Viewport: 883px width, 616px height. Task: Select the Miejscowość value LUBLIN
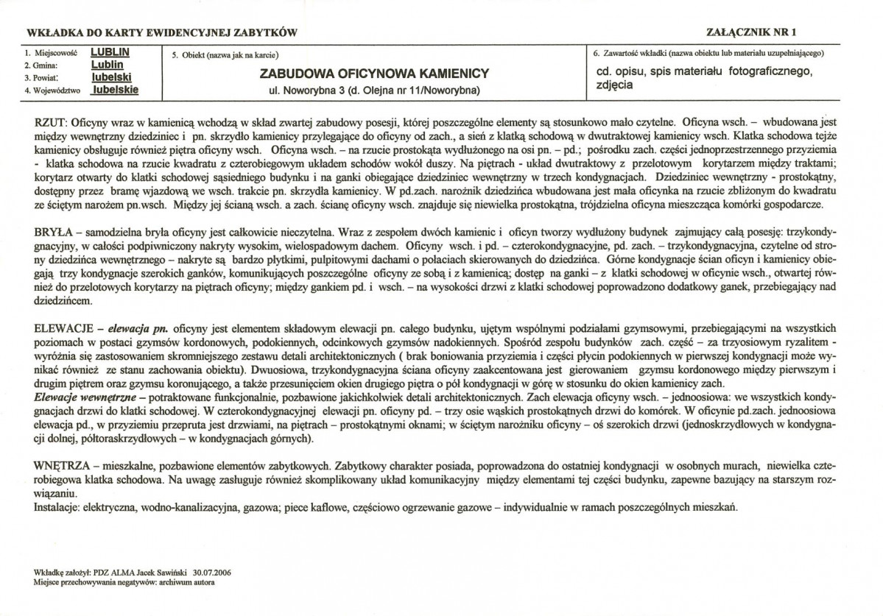(110, 54)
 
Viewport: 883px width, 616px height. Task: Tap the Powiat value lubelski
(112, 77)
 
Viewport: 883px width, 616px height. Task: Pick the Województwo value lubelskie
(115, 89)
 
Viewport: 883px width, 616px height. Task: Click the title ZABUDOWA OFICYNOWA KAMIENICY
(375, 74)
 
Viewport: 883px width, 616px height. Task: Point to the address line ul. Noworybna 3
(375, 91)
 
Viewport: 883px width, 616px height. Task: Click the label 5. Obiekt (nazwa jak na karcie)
(225, 55)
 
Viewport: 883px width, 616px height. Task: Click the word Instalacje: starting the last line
(57, 508)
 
